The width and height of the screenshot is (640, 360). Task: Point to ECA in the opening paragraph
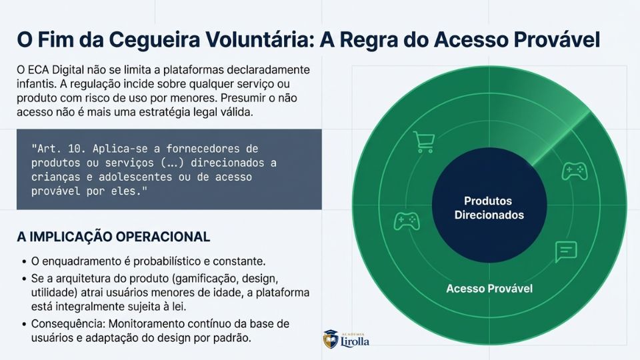[39, 70]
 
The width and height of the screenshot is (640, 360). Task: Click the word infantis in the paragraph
[35, 84]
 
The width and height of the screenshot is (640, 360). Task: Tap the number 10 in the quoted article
[74, 149]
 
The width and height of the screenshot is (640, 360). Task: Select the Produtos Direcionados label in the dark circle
[489, 208]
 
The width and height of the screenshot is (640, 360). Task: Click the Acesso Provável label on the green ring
[489, 289]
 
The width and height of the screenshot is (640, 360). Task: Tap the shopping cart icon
[424, 142]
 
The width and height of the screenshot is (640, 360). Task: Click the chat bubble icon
[566, 251]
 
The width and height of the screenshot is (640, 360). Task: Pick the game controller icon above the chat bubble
[575, 171]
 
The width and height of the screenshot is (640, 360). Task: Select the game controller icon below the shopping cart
[407, 221]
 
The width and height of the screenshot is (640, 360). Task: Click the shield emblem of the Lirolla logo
[331, 340]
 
